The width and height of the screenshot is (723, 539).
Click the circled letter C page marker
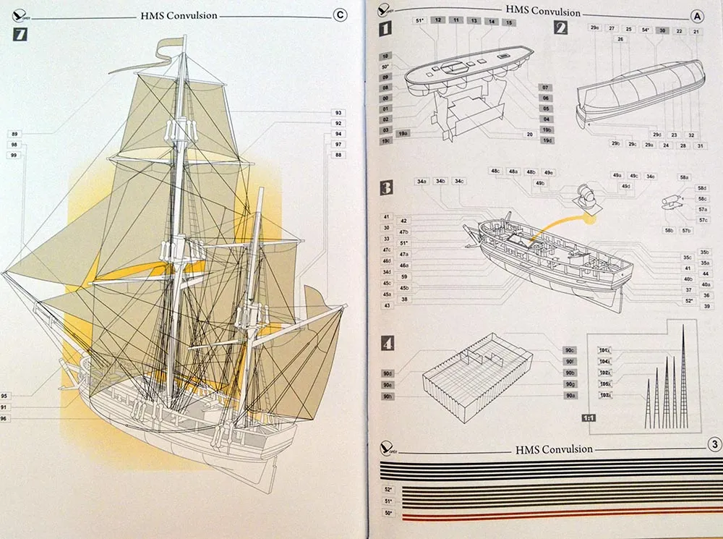click(x=340, y=14)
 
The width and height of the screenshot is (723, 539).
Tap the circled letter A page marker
click(x=697, y=14)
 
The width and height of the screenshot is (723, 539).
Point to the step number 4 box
click(x=387, y=343)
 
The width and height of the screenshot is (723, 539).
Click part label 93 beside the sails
click(x=338, y=113)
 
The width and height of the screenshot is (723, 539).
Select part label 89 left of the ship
click(x=14, y=134)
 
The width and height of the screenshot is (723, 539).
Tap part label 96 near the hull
click(x=6, y=418)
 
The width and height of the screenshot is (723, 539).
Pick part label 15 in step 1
click(x=509, y=22)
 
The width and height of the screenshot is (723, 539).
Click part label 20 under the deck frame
click(x=530, y=135)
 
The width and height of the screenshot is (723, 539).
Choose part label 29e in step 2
click(x=594, y=28)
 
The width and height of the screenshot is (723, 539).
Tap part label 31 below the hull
click(x=701, y=145)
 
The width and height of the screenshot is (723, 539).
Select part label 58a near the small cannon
click(x=683, y=177)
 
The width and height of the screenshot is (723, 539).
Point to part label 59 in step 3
click(x=404, y=276)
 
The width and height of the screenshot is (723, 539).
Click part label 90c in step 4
click(x=570, y=351)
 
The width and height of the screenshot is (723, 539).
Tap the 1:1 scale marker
click(x=589, y=418)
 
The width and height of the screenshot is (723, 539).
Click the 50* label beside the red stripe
click(x=388, y=513)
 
